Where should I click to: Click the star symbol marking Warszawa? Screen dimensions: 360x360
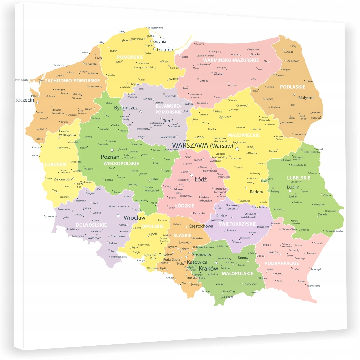[x=237, y=149]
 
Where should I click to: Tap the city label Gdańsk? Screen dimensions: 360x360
[x=165, y=50]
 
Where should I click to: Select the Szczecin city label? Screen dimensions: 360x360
[x=24, y=100]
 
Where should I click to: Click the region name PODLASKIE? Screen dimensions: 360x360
[x=292, y=87]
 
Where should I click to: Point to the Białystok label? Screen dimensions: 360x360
[x=306, y=97]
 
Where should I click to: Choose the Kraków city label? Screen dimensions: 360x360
[x=208, y=269]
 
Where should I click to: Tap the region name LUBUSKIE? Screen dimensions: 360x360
[x=55, y=164]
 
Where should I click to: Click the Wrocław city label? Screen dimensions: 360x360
[x=134, y=218]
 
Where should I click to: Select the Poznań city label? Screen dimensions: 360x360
[x=110, y=157]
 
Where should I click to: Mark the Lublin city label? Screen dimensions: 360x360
[x=293, y=187]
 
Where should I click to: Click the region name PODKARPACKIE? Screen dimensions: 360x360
[x=282, y=263]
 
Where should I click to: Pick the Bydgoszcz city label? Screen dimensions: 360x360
[x=126, y=108]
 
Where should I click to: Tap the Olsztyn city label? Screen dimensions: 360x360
[x=219, y=74]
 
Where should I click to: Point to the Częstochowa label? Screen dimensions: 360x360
[x=201, y=226]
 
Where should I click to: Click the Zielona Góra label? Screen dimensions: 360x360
[x=63, y=179]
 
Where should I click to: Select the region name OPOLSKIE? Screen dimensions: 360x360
[x=153, y=226]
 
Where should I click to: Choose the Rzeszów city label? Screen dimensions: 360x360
[x=273, y=252]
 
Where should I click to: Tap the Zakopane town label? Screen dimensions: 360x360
[x=228, y=297]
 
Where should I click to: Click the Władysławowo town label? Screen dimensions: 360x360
[x=155, y=28]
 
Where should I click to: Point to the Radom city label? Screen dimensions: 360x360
[x=256, y=192]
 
